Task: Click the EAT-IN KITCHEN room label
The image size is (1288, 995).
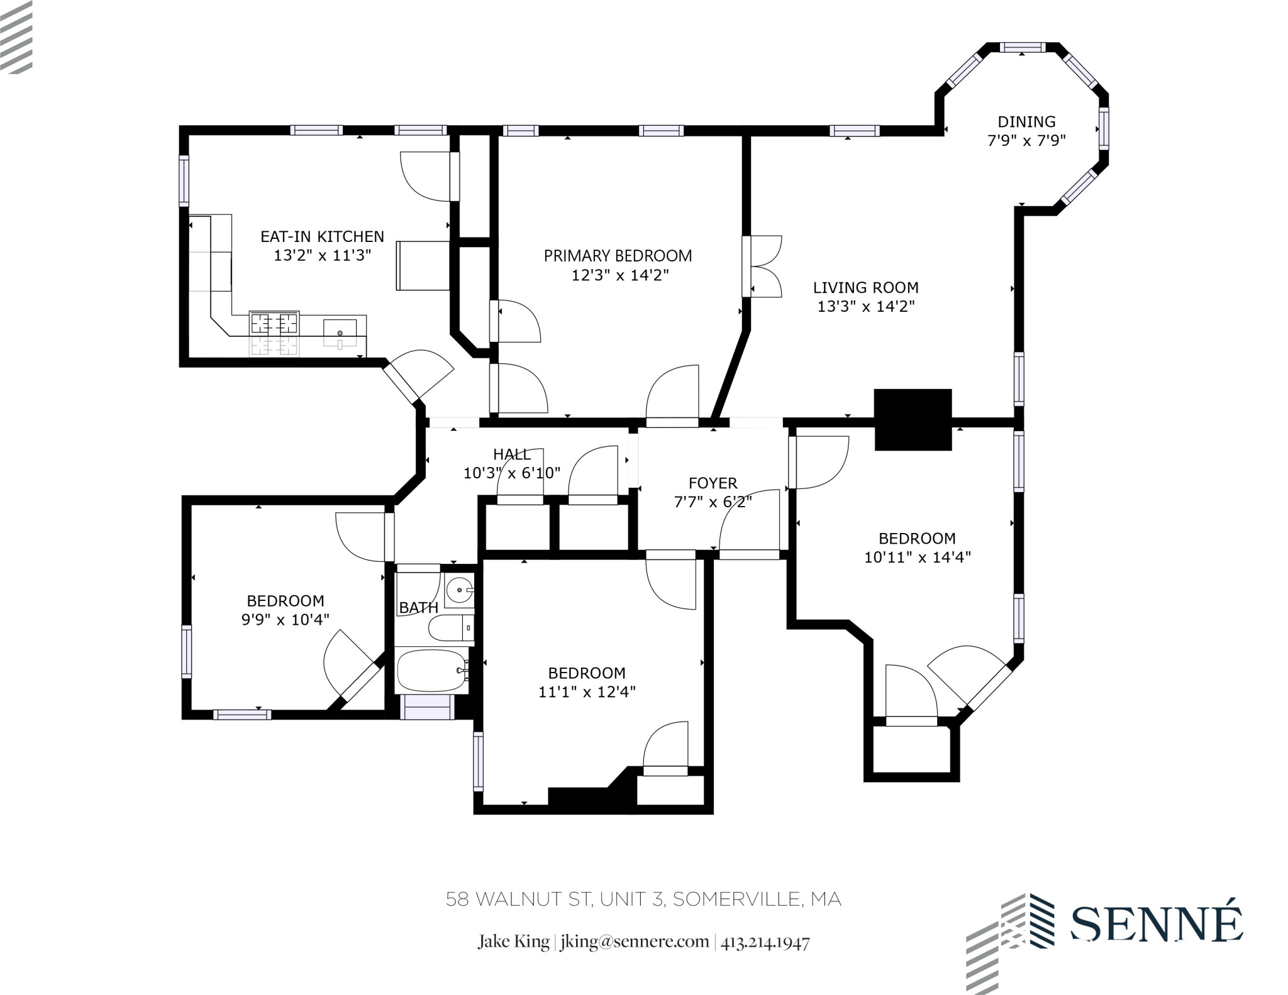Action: click(322, 236)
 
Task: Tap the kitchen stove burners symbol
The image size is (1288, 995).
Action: click(274, 323)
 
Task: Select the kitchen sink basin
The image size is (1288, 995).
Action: click(340, 332)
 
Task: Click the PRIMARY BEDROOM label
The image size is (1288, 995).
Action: click(618, 256)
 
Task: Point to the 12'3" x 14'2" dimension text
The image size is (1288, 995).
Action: click(619, 275)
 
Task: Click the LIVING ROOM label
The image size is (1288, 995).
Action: click(865, 288)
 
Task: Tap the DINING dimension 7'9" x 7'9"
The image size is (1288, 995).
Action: click(1026, 141)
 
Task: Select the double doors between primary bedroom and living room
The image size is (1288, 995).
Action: click(762, 267)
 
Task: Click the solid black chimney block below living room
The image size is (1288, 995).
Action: click(913, 419)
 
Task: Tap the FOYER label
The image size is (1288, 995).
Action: click(713, 483)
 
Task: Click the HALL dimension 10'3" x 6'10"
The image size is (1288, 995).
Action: click(511, 473)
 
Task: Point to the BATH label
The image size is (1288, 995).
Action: click(418, 608)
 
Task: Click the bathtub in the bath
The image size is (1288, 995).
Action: click(432, 671)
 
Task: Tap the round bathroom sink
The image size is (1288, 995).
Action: click(460, 590)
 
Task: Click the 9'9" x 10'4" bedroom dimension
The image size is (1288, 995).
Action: click(285, 620)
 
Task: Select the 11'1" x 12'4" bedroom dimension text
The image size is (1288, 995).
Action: click(587, 692)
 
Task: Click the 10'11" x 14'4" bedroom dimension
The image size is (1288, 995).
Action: click(917, 558)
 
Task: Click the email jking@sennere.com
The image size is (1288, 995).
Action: click(634, 942)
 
